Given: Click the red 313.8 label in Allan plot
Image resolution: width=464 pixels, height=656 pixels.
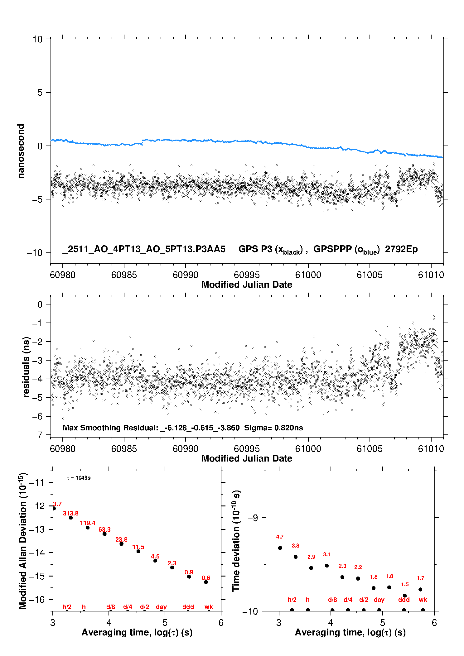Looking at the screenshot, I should click(71, 513).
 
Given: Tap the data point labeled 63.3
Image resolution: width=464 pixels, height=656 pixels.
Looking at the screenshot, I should click(104, 534).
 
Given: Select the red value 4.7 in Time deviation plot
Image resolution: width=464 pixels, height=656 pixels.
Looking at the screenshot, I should click(280, 537).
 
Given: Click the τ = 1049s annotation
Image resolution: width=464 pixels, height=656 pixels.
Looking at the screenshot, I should click(79, 478).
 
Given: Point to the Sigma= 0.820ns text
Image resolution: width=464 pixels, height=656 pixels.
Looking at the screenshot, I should click(273, 428).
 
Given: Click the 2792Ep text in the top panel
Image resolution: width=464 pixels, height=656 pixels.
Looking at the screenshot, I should click(401, 249).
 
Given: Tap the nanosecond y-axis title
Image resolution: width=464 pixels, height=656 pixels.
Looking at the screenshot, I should click(21, 151).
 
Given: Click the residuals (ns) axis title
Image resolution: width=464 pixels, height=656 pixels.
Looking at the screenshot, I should click(27, 367).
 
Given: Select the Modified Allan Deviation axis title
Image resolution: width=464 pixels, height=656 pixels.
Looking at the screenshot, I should click(23, 541).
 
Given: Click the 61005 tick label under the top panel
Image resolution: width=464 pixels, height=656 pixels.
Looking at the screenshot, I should click(369, 275).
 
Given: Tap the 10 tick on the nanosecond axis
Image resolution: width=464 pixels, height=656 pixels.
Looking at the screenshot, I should click(37, 39).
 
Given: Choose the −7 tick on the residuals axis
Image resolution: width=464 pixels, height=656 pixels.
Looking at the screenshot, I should click(37, 435).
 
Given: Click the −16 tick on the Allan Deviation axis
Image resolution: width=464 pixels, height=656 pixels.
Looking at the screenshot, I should click(37, 600).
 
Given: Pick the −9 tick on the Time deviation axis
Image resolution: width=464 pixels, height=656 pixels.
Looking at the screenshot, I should click(253, 518).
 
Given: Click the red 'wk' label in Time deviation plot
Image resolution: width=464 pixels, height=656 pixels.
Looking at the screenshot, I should click(423, 600).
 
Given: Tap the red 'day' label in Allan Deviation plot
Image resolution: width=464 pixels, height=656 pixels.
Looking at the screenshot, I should click(161, 607).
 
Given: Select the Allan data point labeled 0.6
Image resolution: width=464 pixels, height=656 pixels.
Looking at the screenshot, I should click(206, 582).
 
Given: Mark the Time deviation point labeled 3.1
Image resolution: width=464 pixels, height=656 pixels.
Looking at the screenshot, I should click(326, 566).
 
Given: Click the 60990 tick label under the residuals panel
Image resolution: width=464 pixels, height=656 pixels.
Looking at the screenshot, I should click(185, 449).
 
